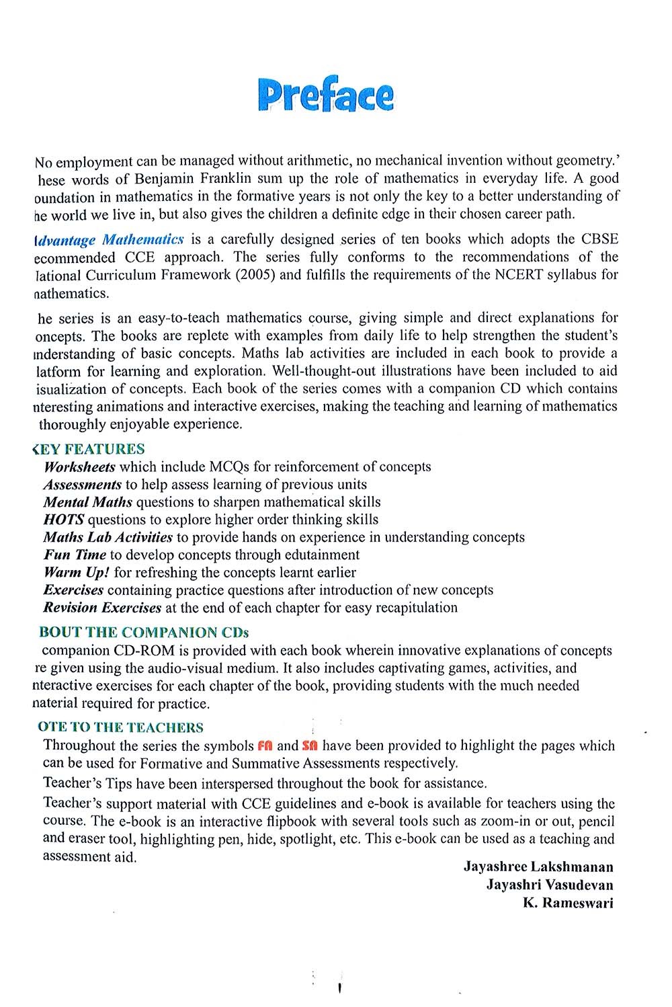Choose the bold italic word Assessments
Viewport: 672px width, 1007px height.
click(82, 484)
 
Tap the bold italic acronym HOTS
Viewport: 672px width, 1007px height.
click(63, 520)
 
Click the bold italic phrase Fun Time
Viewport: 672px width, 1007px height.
click(75, 555)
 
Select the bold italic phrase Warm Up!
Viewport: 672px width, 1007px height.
click(77, 572)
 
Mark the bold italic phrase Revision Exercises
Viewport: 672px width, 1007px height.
click(102, 608)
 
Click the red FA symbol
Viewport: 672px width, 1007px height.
click(265, 746)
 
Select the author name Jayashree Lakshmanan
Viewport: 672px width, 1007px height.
click(538, 867)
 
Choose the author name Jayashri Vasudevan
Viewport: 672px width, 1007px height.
click(550, 885)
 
